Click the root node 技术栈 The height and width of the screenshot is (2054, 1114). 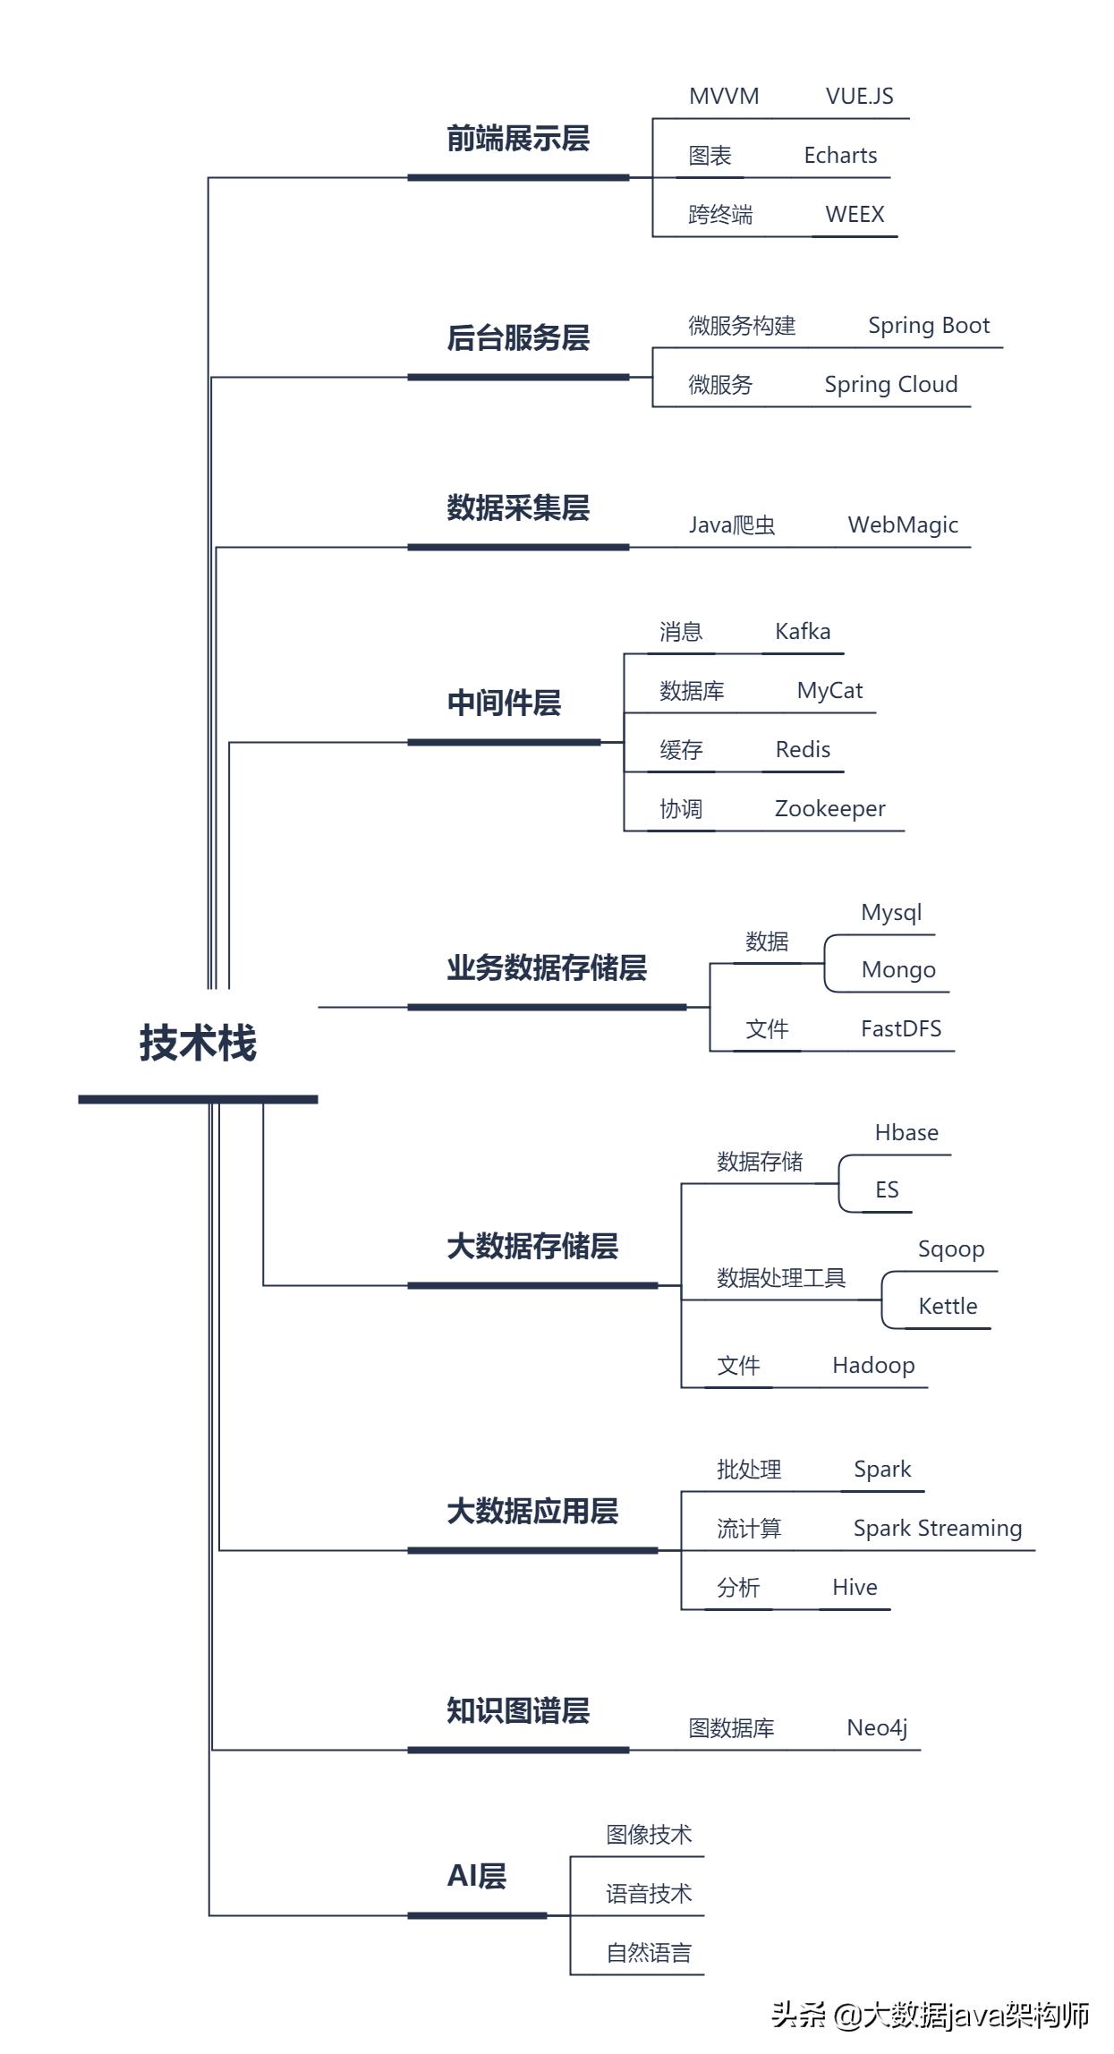point(198,1044)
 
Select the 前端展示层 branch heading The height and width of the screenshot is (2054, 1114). point(518,139)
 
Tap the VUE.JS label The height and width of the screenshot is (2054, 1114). point(859,97)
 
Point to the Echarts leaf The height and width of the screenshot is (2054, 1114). point(840,156)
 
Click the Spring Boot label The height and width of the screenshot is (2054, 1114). point(929,326)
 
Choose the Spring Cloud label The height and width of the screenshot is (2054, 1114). point(890,385)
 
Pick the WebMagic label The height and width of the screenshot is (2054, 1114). point(903,525)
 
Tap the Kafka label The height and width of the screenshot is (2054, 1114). point(803,632)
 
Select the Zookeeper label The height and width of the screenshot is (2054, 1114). point(829,809)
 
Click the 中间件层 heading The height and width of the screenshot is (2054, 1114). point(504,703)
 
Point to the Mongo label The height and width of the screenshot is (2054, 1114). point(898,970)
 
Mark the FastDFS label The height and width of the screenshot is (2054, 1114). point(901,1029)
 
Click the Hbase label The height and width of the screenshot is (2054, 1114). point(906,1133)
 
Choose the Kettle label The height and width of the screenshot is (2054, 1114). point(948,1307)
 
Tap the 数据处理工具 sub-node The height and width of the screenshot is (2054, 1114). point(781,1278)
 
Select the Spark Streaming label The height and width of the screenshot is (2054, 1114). point(937,1529)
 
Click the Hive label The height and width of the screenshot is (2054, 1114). point(855,1588)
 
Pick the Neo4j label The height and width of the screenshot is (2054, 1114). point(877,1728)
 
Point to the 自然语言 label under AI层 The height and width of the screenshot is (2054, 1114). point(649,1953)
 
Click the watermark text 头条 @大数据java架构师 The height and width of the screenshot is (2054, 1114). point(930,2015)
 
